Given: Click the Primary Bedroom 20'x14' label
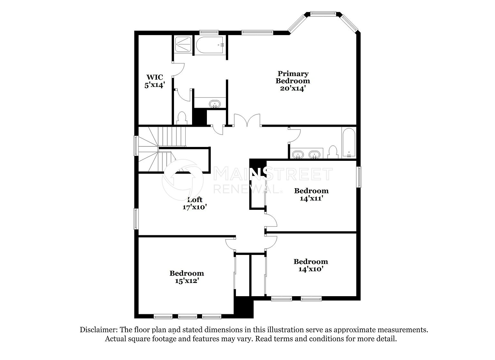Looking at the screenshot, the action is [293, 81].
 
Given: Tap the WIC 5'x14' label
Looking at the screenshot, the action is [155, 81].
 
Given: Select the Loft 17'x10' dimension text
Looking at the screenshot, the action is [194, 207].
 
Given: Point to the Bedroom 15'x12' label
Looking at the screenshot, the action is [187, 277].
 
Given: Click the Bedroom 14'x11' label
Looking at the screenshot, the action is [311, 194].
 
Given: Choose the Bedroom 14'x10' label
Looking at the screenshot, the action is [311, 265].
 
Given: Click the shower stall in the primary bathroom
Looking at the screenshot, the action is [183, 44].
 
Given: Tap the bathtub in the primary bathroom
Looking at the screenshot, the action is [210, 45].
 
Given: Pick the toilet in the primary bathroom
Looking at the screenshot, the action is [182, 118].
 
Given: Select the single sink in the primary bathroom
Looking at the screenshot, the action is [215, 104].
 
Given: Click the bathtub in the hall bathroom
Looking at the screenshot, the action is [348, 143].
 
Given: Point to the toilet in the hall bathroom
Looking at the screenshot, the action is [333, 152].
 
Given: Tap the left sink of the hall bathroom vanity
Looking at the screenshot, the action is [298, 154].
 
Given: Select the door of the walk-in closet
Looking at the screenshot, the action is [178, 70].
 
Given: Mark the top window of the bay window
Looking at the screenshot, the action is [323, 14].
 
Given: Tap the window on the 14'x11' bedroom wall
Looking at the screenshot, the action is [359, 177].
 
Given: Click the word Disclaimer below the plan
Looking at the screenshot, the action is [98, 330].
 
